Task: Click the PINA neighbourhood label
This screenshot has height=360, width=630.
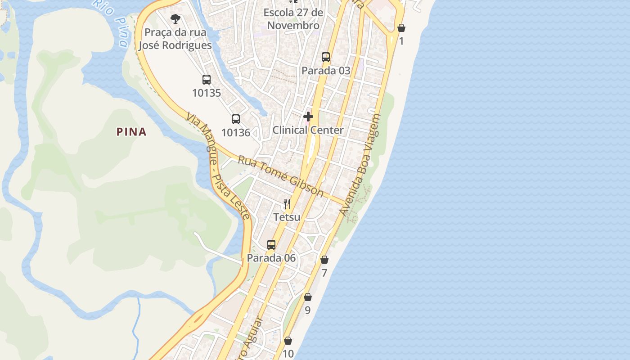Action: pos(131,132)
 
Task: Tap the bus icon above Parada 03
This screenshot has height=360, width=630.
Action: pos(326,57)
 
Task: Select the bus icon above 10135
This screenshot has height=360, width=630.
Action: pos(207,80)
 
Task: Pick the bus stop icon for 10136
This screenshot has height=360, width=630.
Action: pos(236,119)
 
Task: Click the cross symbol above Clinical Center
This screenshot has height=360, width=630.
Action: pos(308,117)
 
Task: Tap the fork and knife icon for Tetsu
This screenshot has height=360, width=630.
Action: pos(287,204)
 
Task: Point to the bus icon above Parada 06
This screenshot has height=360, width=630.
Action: pos(271,245)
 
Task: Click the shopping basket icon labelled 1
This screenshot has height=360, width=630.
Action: pos(401,28)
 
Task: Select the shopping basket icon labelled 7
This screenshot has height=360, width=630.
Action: pos(324,260)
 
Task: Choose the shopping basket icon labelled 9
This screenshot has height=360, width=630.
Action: pos(308,297)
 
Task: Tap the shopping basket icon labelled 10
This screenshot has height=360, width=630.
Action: pos(288,341)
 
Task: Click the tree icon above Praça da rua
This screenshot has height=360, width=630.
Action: pos(175,19)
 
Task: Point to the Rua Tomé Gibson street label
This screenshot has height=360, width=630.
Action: pos(281,176)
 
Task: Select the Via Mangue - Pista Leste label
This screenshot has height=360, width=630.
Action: pos(218,166)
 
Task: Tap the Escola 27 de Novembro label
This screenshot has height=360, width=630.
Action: pos(293,19)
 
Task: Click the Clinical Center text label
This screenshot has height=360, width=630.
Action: pos(308,130)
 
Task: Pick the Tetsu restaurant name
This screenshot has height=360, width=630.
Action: pos(287,217)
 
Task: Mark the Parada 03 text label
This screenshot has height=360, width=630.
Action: pos(326,71)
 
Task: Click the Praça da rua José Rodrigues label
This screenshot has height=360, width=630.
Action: pos(175,39)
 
